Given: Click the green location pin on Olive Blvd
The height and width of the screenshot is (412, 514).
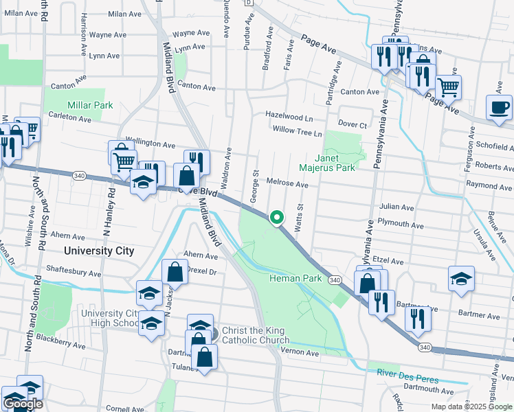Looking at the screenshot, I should click(277, 218).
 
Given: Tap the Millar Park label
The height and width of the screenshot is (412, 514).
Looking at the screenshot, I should click(89, 106).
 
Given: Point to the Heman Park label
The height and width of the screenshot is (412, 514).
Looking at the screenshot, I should click(295, 278).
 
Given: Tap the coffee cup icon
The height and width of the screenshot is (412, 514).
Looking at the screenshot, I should click(499, 108).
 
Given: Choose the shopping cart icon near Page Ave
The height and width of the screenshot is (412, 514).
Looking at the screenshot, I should click(448, 87).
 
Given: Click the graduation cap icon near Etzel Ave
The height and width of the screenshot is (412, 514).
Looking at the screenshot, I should click(461, 279).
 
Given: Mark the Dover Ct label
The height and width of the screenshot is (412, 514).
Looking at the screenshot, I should click(353, 125).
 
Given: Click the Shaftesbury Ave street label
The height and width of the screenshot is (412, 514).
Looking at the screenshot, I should click(74, 272).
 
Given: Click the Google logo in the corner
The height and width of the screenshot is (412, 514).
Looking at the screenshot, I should click(23, 404).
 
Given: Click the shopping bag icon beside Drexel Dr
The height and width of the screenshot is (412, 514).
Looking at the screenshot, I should click(175, 272).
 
